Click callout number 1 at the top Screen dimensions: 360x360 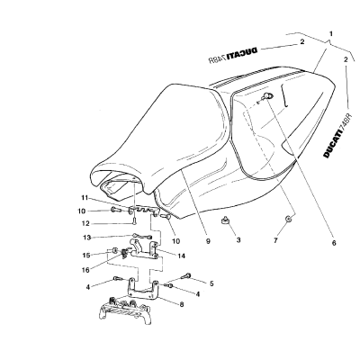pos(331,34)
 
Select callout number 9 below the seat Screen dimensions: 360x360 pos(208,241)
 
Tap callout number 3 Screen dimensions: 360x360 pos(238,240)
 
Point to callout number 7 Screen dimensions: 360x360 pos(275,240)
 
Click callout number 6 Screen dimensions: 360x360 pos(334,243)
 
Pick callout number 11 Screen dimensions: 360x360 pos(84,198)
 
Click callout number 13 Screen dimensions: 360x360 pos(85,238)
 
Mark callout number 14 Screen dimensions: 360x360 pos(181,256)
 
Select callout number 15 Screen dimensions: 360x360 pos(85,256)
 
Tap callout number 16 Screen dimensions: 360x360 pos(85,270)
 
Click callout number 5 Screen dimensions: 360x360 pos(211,283)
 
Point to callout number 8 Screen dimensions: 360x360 pos(181,304)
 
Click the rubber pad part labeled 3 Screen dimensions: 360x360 pos(227,221)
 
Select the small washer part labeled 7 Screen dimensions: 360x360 pos(288,219)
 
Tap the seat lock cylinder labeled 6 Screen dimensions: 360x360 pos(267,95)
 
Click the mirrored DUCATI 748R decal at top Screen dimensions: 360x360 pos(233,55)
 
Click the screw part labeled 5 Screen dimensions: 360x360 pos(186,274)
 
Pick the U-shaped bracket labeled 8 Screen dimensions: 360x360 pos(143,290)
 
